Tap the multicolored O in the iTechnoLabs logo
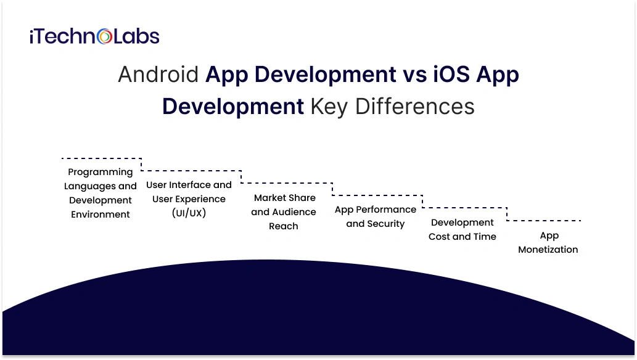click(x=105, y=37)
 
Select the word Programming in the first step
click(x=101, y=172)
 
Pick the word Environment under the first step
click(x=101, y=215)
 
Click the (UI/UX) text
click(x=189, y=213)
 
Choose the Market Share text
click(x=284, y=198)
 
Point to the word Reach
click(x=284, y=226)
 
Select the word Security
click(x=386, y=224)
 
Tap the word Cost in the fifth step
click(x=442, y=236)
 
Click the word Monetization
click(x=548, y=250)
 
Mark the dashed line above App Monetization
click(x=544, y=220)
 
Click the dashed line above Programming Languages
click(x=102, y=159)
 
